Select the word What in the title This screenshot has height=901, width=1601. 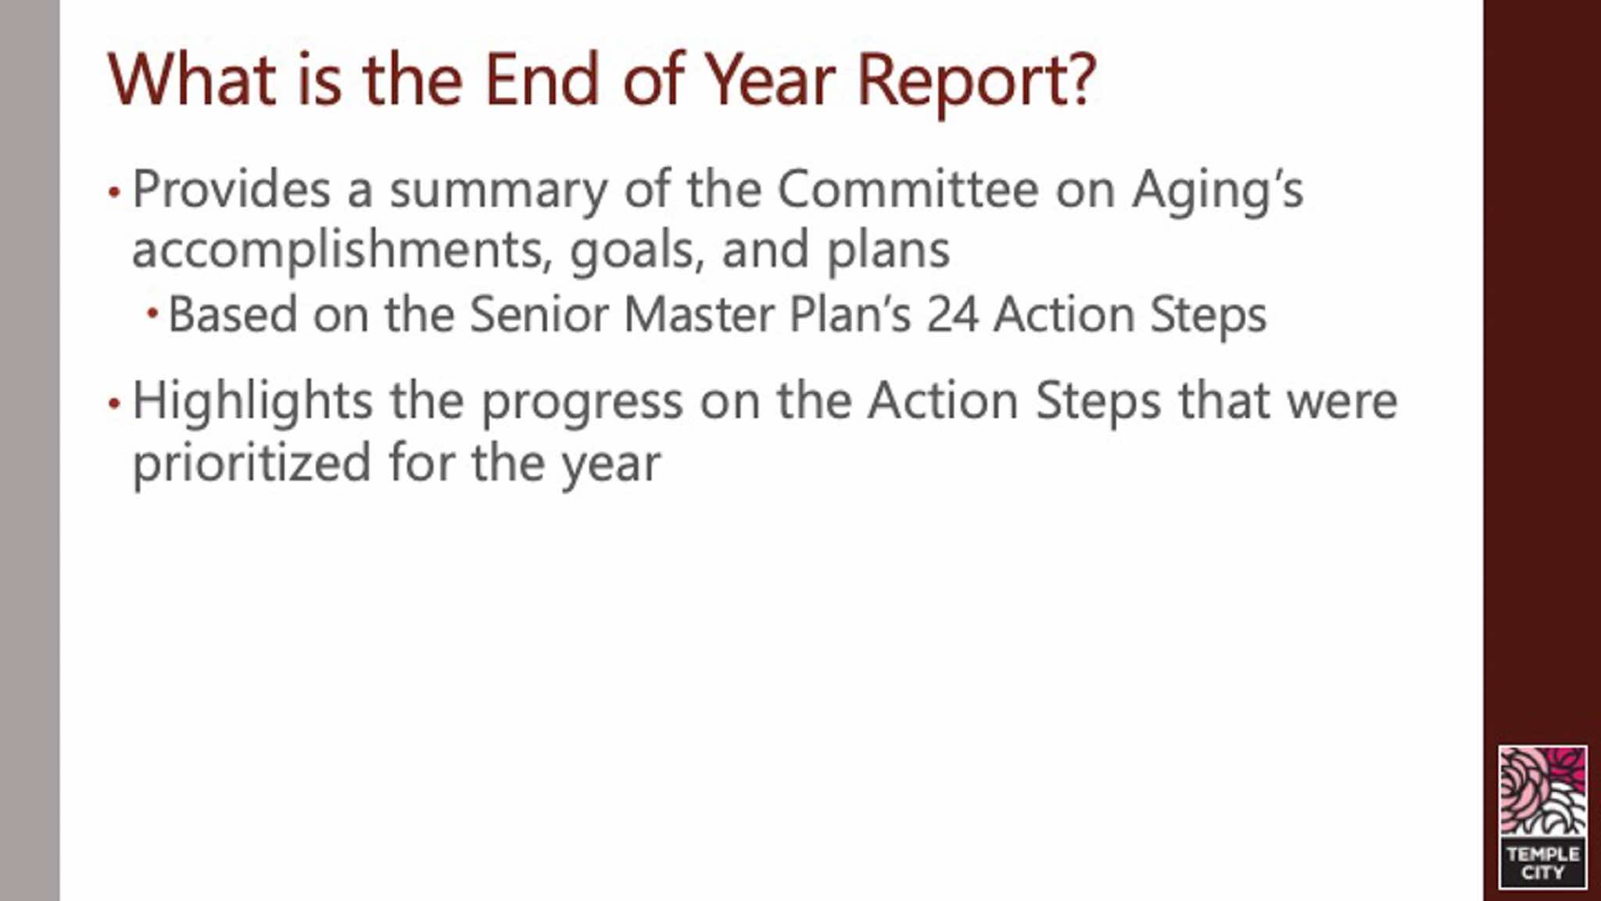click(192, 79)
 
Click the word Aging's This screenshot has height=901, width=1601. click(1218, 192)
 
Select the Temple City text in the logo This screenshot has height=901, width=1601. click(1542, 863)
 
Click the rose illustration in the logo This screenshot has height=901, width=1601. click(1542, 792)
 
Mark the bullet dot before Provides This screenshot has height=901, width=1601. click(114, 191)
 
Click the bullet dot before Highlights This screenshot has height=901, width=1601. click(114, 403)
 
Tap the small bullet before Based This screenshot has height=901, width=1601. click(152, 314)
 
